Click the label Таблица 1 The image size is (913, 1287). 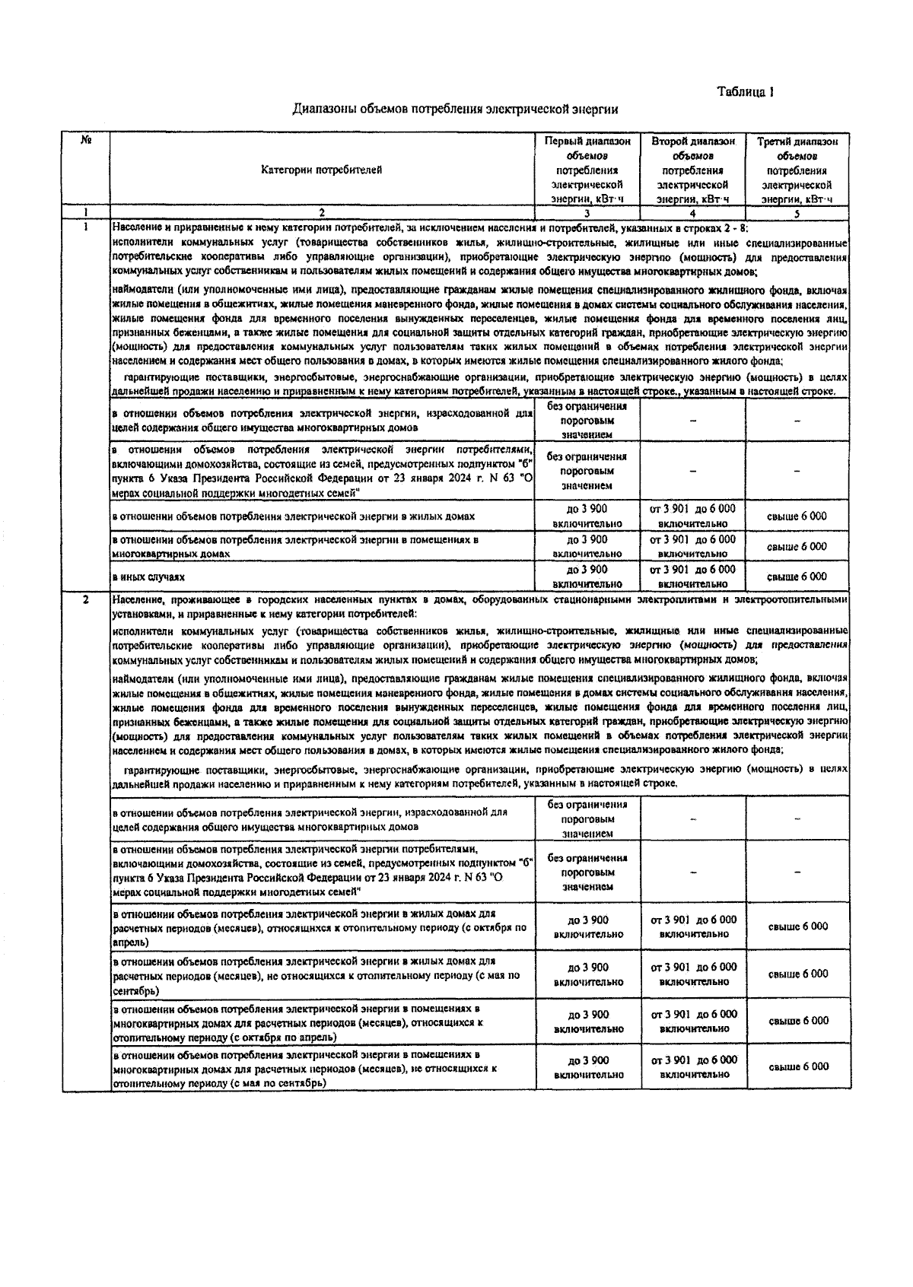[745, 92]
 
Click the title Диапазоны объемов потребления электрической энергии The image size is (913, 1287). [455, 110]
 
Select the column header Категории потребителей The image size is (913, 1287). [322, 170]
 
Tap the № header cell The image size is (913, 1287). [86, 141]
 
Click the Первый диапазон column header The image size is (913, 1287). [587, 170]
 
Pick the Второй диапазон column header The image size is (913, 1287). [693, 170]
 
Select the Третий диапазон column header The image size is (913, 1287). [797, 170]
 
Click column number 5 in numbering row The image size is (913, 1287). [797, 213]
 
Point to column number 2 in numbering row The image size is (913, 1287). [322, 213]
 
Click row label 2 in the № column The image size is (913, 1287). [86, 600]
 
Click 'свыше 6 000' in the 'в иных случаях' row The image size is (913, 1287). [797, 577]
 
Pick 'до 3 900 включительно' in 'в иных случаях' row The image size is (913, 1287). [587, 577]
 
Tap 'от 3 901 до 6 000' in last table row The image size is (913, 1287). [693, 1067]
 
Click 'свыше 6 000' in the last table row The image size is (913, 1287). [797, 1067]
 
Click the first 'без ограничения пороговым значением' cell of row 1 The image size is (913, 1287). [587, 421]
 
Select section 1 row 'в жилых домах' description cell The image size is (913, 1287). [294, 516]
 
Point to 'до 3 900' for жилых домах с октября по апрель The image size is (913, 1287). [588, 926]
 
